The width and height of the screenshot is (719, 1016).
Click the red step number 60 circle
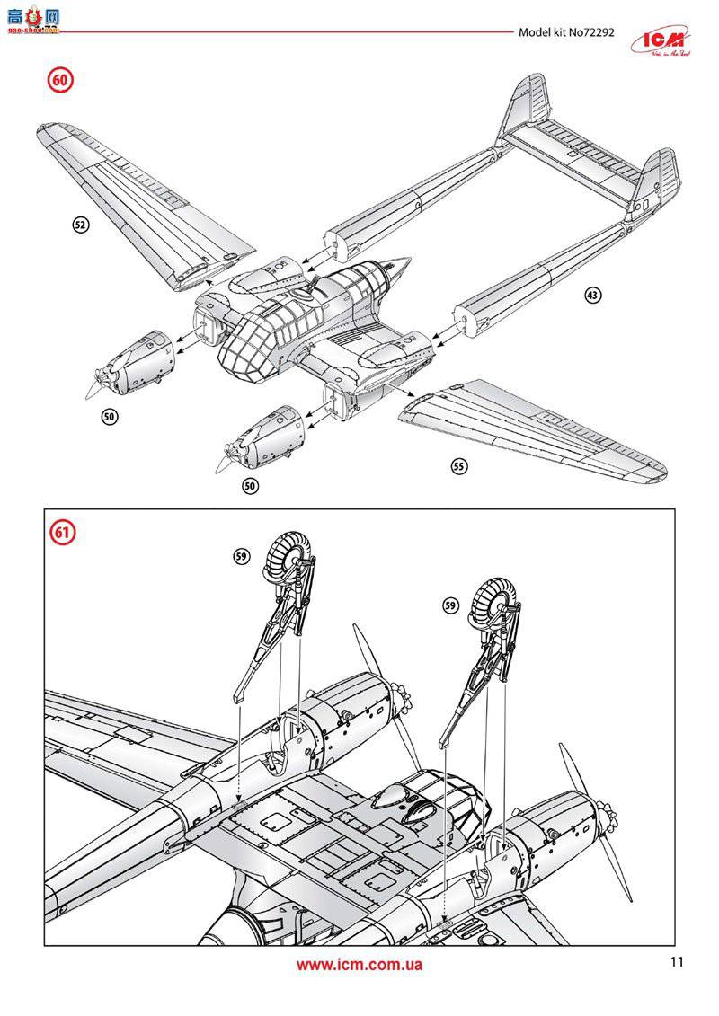[59, 80]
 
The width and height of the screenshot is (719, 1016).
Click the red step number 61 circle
[62, 532]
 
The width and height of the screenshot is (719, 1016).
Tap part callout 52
[80, 225]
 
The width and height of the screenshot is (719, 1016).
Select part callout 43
[592, 294]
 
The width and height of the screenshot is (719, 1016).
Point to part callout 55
[459, 466]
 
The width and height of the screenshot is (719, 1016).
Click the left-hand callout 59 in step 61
[240, 557]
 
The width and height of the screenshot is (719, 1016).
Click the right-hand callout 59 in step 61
[451, 606]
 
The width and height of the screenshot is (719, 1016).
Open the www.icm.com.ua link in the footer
[359, 965]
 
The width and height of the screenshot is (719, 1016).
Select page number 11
[676, 962]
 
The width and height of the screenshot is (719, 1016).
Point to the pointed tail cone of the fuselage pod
[394, 266]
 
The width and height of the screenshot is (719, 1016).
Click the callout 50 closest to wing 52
[110, 417]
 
